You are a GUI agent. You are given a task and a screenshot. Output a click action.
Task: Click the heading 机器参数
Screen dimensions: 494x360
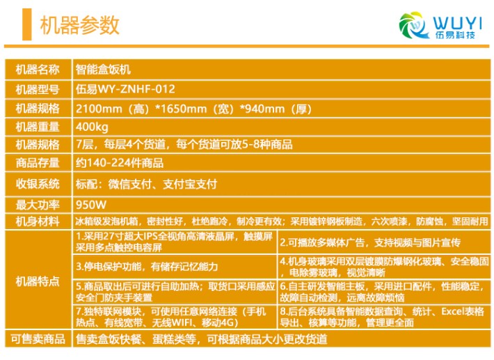[x=80, y=25]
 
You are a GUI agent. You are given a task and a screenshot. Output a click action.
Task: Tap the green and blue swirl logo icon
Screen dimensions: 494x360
[x=413, y=25]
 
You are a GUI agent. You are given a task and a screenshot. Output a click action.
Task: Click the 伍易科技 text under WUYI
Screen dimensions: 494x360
[x=455, y=35]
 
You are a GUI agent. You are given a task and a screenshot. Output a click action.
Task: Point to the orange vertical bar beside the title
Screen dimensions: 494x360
[x=26, y=24]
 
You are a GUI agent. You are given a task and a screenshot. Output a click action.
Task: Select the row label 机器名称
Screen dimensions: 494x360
[x=38, y=70]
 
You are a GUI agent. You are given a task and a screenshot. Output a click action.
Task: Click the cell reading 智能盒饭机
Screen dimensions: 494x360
[x=103, y=70]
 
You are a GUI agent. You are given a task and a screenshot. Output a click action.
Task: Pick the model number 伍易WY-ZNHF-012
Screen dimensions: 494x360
[x=125, y=89]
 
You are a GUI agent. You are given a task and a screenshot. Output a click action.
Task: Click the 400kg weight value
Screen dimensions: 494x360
[x=92, y=127]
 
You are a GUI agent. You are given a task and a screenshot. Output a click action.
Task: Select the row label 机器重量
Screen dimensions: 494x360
[x=38, y=127]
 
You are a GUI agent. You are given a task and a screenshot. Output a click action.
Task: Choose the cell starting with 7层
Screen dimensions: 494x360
[x=184, y=145]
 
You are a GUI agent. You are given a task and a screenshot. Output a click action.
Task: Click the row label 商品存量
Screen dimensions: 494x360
[x=38, y=163]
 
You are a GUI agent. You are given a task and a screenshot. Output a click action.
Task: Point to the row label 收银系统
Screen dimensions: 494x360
[x=38, y=184]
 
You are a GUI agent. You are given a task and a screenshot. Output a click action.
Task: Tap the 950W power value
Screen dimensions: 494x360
[x=91, y=205]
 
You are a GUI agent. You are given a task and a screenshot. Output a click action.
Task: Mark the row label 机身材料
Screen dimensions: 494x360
[x=38, y=221]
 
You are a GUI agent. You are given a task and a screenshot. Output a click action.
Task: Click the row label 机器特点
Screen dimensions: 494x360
[x=38, y=281]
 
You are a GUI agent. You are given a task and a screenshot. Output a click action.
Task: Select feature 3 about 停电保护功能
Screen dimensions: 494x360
[x=147, y=267]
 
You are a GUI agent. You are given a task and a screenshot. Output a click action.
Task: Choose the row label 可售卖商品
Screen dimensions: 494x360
[x=38, y=339]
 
